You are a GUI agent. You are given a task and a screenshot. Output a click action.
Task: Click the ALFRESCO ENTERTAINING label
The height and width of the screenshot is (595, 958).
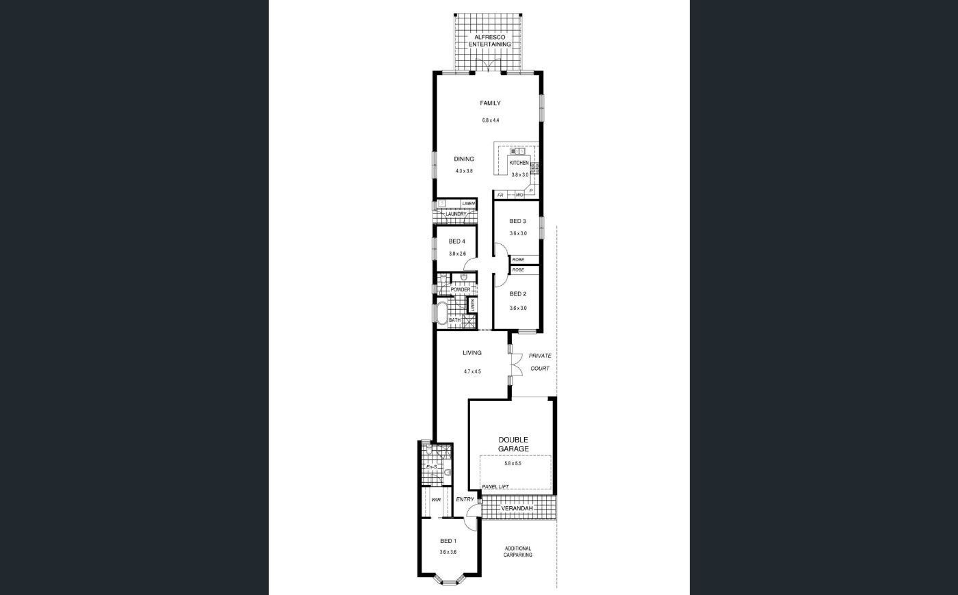[x=490, y=40]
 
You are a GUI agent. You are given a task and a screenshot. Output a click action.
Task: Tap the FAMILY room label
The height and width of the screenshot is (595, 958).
[x=490, y=103]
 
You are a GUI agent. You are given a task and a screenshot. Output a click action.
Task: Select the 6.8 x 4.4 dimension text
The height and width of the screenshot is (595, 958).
[x=491, y=120]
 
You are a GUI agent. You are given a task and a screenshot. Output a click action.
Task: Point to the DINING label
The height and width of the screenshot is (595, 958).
[x=464, y=159]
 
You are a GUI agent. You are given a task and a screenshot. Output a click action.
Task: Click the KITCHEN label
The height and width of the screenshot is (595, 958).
[x=519, y=163]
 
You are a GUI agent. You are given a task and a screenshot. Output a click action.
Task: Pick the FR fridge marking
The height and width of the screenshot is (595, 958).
[x=500, y=196]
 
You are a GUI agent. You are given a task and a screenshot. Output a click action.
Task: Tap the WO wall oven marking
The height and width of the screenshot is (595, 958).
[x=519, y=196]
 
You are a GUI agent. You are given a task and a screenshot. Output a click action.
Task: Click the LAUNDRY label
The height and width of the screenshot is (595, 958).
[x=456, y=213]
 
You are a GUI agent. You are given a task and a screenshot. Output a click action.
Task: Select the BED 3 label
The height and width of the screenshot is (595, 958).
[x=517, y=221]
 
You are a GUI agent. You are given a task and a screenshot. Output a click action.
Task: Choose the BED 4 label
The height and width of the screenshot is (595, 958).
[x=457, y=241]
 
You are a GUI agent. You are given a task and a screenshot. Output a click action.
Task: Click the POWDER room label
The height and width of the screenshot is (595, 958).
[x=461, y=289]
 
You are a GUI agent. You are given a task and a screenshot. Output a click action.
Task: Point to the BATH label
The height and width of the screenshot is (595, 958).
[x=454, y=320]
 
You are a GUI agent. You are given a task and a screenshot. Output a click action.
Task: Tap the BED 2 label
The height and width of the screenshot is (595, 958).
[x=518, y=294]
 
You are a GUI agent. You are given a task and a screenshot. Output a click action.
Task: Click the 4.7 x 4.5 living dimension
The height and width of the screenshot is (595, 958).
[x=472, y=372]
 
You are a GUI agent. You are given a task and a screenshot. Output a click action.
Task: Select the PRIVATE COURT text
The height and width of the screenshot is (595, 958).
[x=540, y=362]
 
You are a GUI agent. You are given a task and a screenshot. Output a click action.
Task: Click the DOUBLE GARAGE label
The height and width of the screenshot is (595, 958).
[x=513, y=445]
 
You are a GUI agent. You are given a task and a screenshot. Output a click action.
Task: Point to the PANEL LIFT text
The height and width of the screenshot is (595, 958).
[x=495, y=487]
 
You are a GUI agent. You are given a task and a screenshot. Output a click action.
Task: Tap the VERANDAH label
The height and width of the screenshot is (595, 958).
[x=517, y=509]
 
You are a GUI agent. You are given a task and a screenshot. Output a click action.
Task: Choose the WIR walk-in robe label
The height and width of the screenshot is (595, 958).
[x=436, y=500]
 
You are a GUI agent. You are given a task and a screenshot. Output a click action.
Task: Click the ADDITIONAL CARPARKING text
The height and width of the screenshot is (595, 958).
[x=518, y=552]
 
